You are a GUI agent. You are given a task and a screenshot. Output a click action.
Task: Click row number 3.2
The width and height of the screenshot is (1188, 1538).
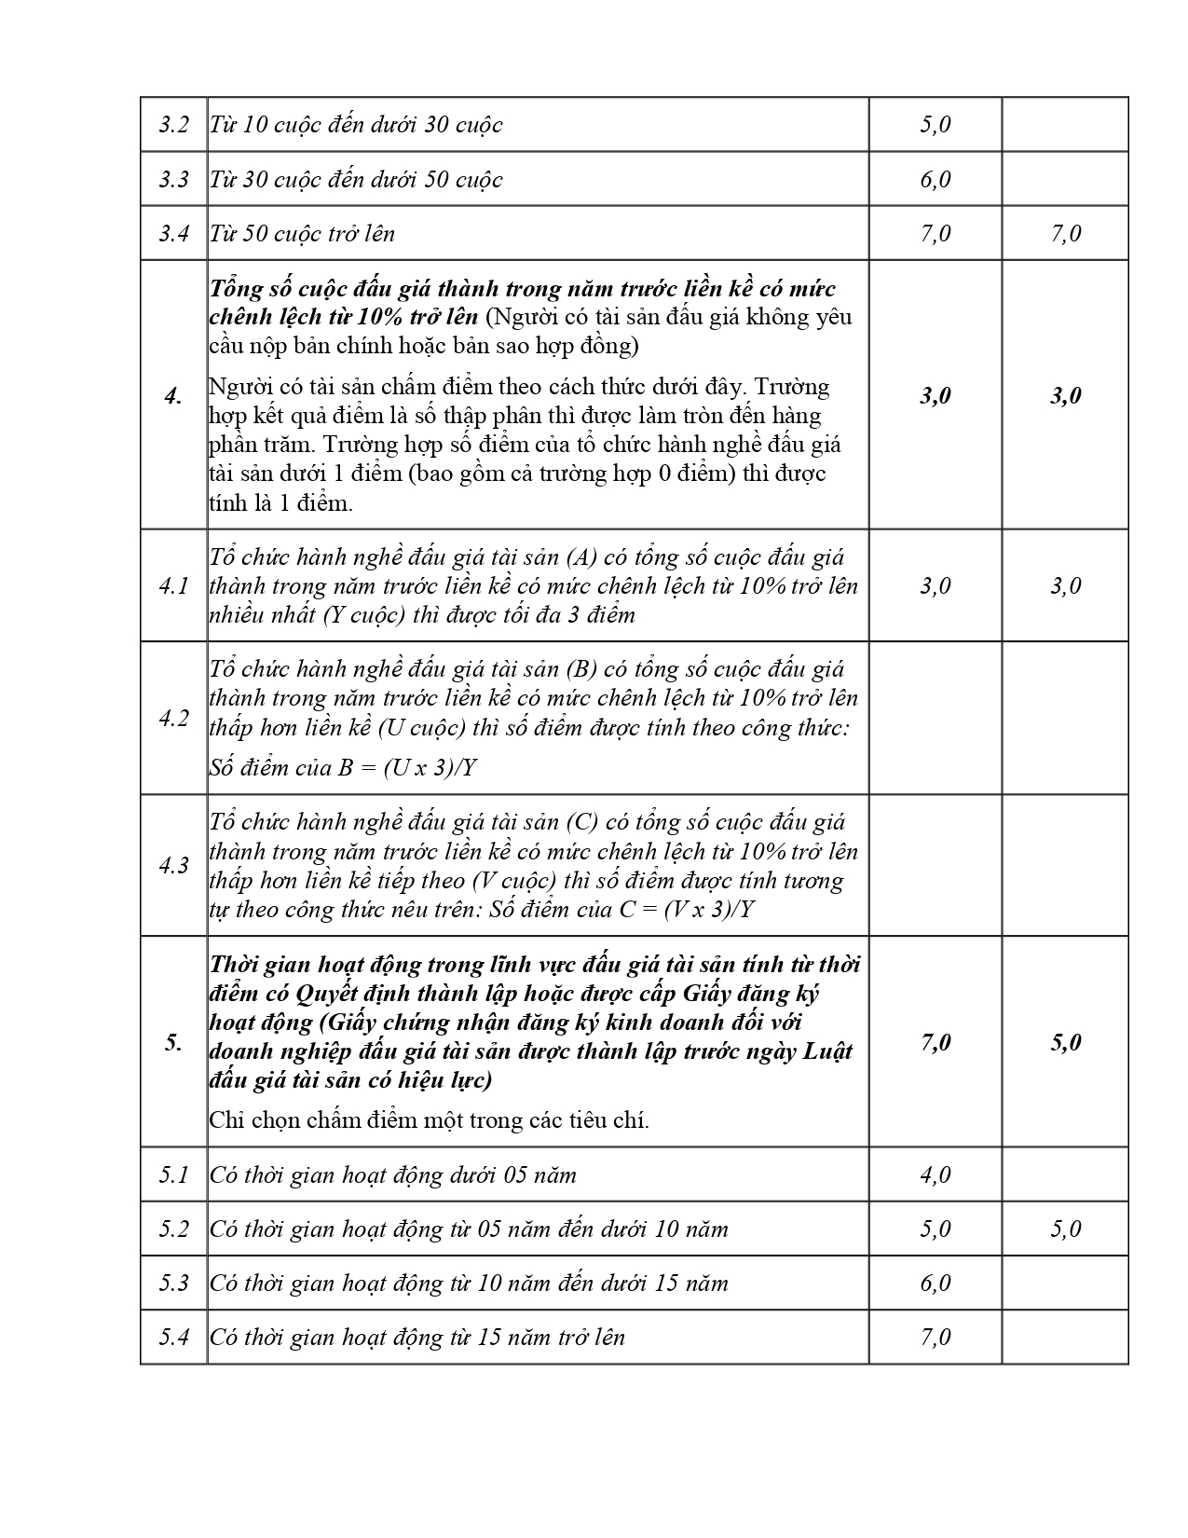coord(173,125)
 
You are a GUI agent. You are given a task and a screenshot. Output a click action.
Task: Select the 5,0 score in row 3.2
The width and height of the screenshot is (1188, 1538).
coord(935,125)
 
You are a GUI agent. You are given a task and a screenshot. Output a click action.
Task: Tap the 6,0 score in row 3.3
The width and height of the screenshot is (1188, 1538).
coord(935,179)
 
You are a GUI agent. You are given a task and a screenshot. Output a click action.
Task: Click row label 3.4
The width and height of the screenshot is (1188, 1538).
coord(173,233)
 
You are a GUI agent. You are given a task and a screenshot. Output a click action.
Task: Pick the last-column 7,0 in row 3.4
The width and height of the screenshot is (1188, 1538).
coord(1065,233)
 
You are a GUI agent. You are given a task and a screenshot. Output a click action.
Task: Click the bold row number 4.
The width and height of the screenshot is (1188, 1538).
coord(173,396)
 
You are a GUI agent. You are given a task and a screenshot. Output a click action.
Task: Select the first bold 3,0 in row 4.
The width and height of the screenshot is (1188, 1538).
coord(935,396)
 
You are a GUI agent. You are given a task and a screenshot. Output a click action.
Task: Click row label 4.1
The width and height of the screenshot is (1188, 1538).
coord(173,586)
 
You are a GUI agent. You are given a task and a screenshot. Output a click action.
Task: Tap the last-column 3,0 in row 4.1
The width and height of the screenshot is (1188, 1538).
coord(1065,586)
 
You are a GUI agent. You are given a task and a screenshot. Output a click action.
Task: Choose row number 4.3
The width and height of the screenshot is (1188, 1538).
coord(173,866)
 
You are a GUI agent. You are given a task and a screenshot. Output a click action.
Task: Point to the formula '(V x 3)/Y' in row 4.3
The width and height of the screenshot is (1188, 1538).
coord(707,910)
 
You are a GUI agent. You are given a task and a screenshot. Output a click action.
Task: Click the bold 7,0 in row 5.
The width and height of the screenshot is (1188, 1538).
coord(935,1042)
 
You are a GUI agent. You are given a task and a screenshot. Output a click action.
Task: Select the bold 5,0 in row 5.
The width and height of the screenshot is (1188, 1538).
coord(1065,1042)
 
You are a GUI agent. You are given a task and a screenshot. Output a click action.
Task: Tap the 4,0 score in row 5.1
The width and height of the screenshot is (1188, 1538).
coord(935,1174)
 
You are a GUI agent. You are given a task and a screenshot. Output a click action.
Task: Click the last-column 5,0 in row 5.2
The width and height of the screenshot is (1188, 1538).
coord(1065,1229)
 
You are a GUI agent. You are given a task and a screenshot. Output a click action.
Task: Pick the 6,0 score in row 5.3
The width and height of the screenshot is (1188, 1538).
coord(935,1283)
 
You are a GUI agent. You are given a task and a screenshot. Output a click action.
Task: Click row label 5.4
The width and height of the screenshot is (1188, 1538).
coord(173,1337)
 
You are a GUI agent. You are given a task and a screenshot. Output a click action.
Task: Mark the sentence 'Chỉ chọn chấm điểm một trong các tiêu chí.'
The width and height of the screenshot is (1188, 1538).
coord(429,1120)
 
